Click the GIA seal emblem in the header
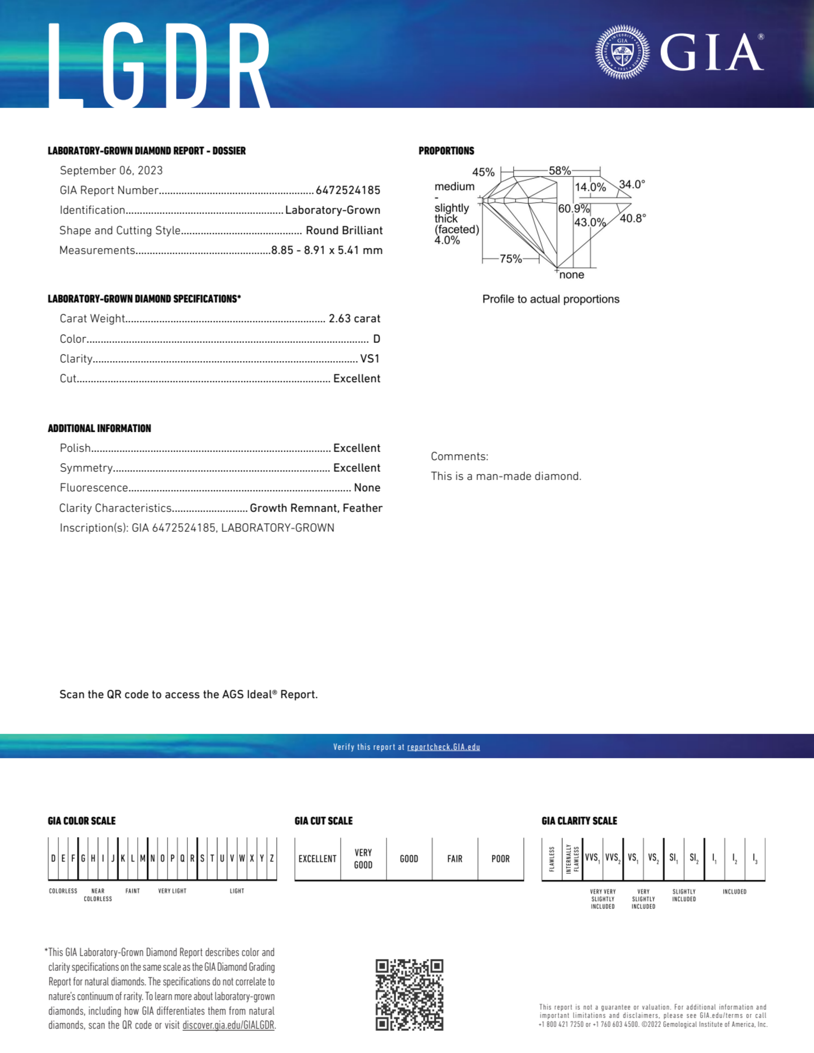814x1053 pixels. (x=622, y=52)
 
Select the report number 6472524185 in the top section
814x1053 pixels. (x=348, y=190)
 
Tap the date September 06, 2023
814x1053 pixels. (x=111, y=171)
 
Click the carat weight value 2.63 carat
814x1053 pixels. (x=354, y=319)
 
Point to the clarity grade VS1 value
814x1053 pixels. (x=370, y=359)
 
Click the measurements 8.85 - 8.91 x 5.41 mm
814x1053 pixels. (x=327, y=250)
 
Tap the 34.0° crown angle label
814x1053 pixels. (x=632, y=185)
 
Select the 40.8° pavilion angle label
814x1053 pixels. (x=633, y=218)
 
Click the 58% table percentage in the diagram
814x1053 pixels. (x=560, y=171)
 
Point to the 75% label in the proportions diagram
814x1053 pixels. (x=511, y=259)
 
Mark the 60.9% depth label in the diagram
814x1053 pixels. (x=574, y=209)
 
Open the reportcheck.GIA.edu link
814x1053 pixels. (x=443, y=747)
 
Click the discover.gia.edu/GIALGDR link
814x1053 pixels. (x=228, y=1025)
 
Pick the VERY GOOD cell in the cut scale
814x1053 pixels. (x=363, y=859)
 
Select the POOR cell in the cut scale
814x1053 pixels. (x=500, y=859)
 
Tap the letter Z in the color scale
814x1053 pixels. (x=272, y=858)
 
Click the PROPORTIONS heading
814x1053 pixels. (x=446, y=151)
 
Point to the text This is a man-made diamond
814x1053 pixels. (x=506, y=476)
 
